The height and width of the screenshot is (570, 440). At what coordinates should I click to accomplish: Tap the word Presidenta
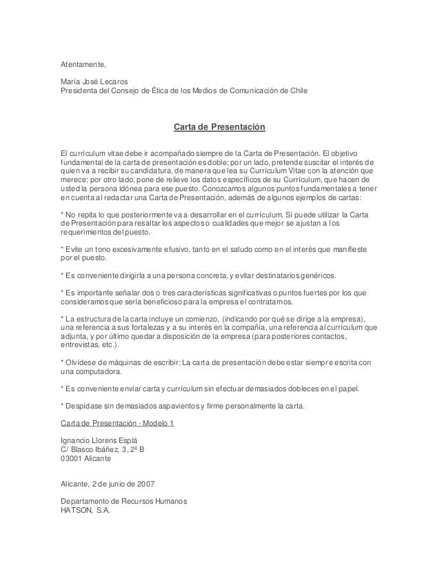(81, 90)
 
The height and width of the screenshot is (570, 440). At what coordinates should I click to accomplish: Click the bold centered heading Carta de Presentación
(219, 128)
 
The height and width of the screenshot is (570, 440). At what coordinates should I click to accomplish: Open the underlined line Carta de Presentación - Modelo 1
(117, 422)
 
